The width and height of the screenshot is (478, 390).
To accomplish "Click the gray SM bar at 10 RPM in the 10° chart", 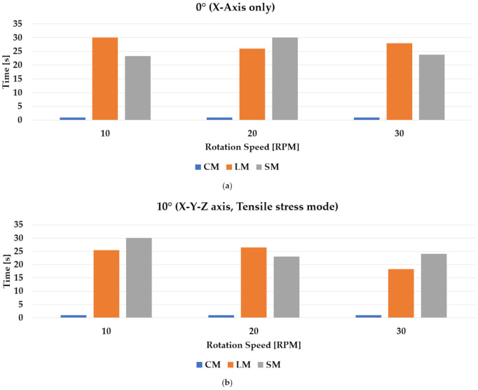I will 139,278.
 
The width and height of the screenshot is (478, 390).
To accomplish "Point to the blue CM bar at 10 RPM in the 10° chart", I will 73,316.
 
